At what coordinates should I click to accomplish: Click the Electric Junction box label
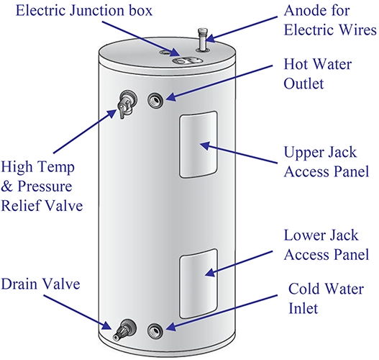[84, 11]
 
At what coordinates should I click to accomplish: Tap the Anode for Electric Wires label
[330, 20]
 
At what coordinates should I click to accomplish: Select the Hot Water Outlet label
[318, 74]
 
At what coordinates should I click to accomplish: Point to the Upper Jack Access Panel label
[327, 162]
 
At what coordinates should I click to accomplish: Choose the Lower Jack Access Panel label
[327, 245]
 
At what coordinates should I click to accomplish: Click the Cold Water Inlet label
[326, 299]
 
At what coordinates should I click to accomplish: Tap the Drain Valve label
[40, 284]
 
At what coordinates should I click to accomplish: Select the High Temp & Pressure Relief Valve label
[42, 186]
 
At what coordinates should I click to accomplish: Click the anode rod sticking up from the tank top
[203, 40]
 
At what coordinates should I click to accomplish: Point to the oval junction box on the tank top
[187, 60]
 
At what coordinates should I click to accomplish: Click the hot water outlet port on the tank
[155, 100]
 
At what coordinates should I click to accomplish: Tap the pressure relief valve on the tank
[127, 104]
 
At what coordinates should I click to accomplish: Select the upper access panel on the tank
[198, 145]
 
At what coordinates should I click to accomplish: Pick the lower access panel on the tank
[198, 284]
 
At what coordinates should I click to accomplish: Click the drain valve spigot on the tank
[124, 330]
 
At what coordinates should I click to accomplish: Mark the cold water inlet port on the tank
[155, 331]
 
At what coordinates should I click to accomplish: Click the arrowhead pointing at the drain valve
[107, 325]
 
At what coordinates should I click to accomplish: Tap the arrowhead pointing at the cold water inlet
[171, 327]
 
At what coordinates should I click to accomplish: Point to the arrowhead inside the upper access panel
[205, 145]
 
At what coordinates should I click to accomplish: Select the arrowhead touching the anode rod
[210, 39]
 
